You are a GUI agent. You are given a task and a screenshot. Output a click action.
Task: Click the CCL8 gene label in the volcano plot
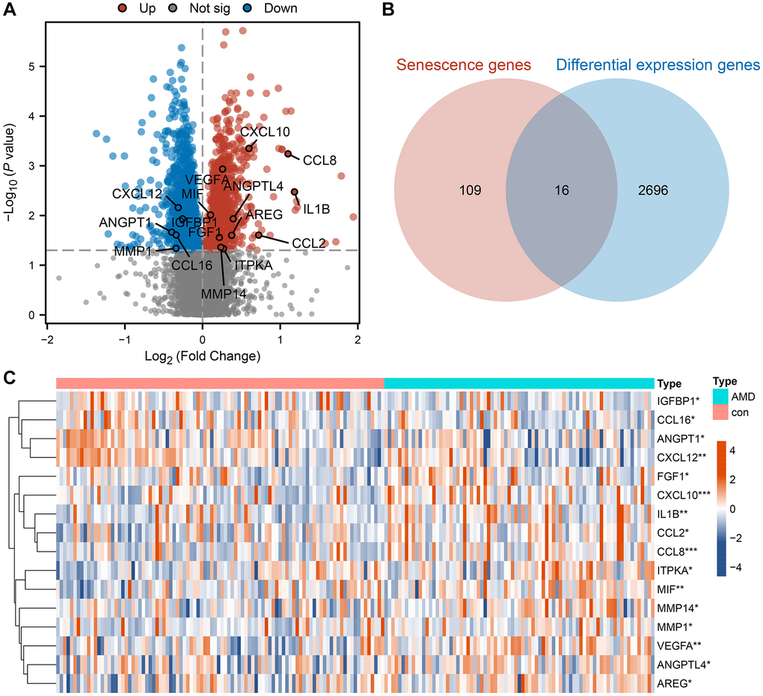tap(319, 159)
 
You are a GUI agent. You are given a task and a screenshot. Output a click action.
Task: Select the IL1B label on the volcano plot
tap(317, 209)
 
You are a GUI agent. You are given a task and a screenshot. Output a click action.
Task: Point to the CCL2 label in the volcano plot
tap(309, 243)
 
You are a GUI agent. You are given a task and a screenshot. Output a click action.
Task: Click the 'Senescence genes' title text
tap(464, 65)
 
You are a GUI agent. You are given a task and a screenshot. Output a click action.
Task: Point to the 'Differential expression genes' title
tap(658, 65)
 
